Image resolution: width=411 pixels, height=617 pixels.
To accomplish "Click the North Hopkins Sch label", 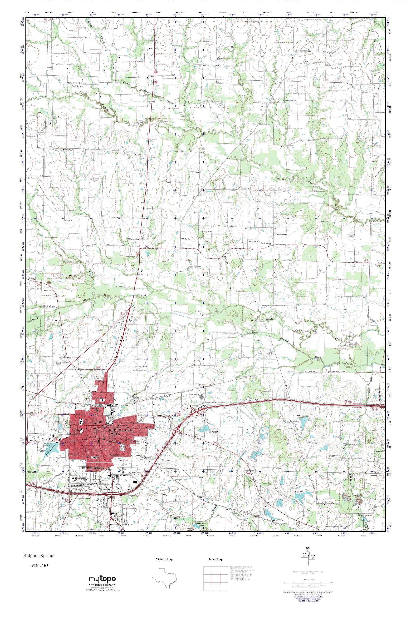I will tap(76, 83).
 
